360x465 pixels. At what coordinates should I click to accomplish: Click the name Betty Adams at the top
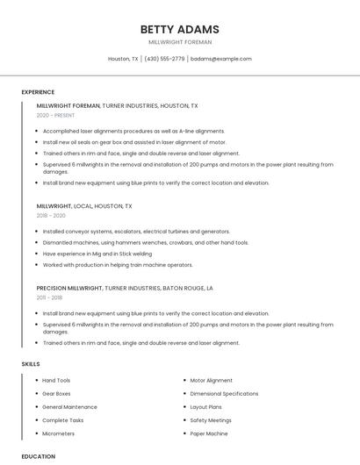[180, 29]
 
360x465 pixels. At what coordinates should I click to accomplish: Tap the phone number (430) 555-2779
[165, 59]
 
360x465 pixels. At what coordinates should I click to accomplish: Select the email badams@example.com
[220, 59]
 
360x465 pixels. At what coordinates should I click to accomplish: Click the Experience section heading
[38, 92]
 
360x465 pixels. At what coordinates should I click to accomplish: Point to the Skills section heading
[31, 363]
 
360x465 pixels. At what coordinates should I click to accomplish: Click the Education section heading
[39, 456]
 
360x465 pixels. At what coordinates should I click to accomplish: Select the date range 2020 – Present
[56, 115]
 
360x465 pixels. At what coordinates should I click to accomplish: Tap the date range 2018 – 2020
[51, 215]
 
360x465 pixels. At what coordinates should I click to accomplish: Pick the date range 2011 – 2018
[50, 297]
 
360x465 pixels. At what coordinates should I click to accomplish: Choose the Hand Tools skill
[56, 381]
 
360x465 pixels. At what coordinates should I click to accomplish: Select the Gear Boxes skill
[56, 394]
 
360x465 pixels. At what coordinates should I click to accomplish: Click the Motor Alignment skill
[212, 381]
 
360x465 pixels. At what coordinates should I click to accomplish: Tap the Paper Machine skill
[209, 433]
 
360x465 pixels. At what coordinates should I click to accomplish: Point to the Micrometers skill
[59, 433]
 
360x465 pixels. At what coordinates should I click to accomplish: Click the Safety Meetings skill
[211, 420]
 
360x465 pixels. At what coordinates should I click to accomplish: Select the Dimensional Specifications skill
[224, 394]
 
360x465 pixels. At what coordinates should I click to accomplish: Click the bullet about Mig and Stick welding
[97, 254]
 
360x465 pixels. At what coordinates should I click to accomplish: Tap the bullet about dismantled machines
[146, 242]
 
